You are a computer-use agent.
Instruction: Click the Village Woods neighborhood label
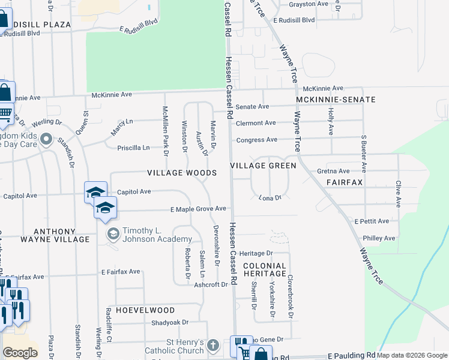click(182, 173)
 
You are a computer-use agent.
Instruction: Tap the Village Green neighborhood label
click(264, 166)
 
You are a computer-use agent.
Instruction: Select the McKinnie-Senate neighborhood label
click(336, 100)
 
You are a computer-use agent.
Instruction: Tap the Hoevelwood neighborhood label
click(146, 310)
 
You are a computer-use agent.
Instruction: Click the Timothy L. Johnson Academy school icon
click(112, 234)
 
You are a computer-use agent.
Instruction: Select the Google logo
click(20, 353)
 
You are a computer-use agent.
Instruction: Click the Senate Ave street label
click(252, 107)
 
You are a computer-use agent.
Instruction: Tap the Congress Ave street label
click(256, 140)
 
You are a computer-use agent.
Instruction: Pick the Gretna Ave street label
click(333, 171)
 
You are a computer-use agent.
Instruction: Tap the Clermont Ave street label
click(256, 123)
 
